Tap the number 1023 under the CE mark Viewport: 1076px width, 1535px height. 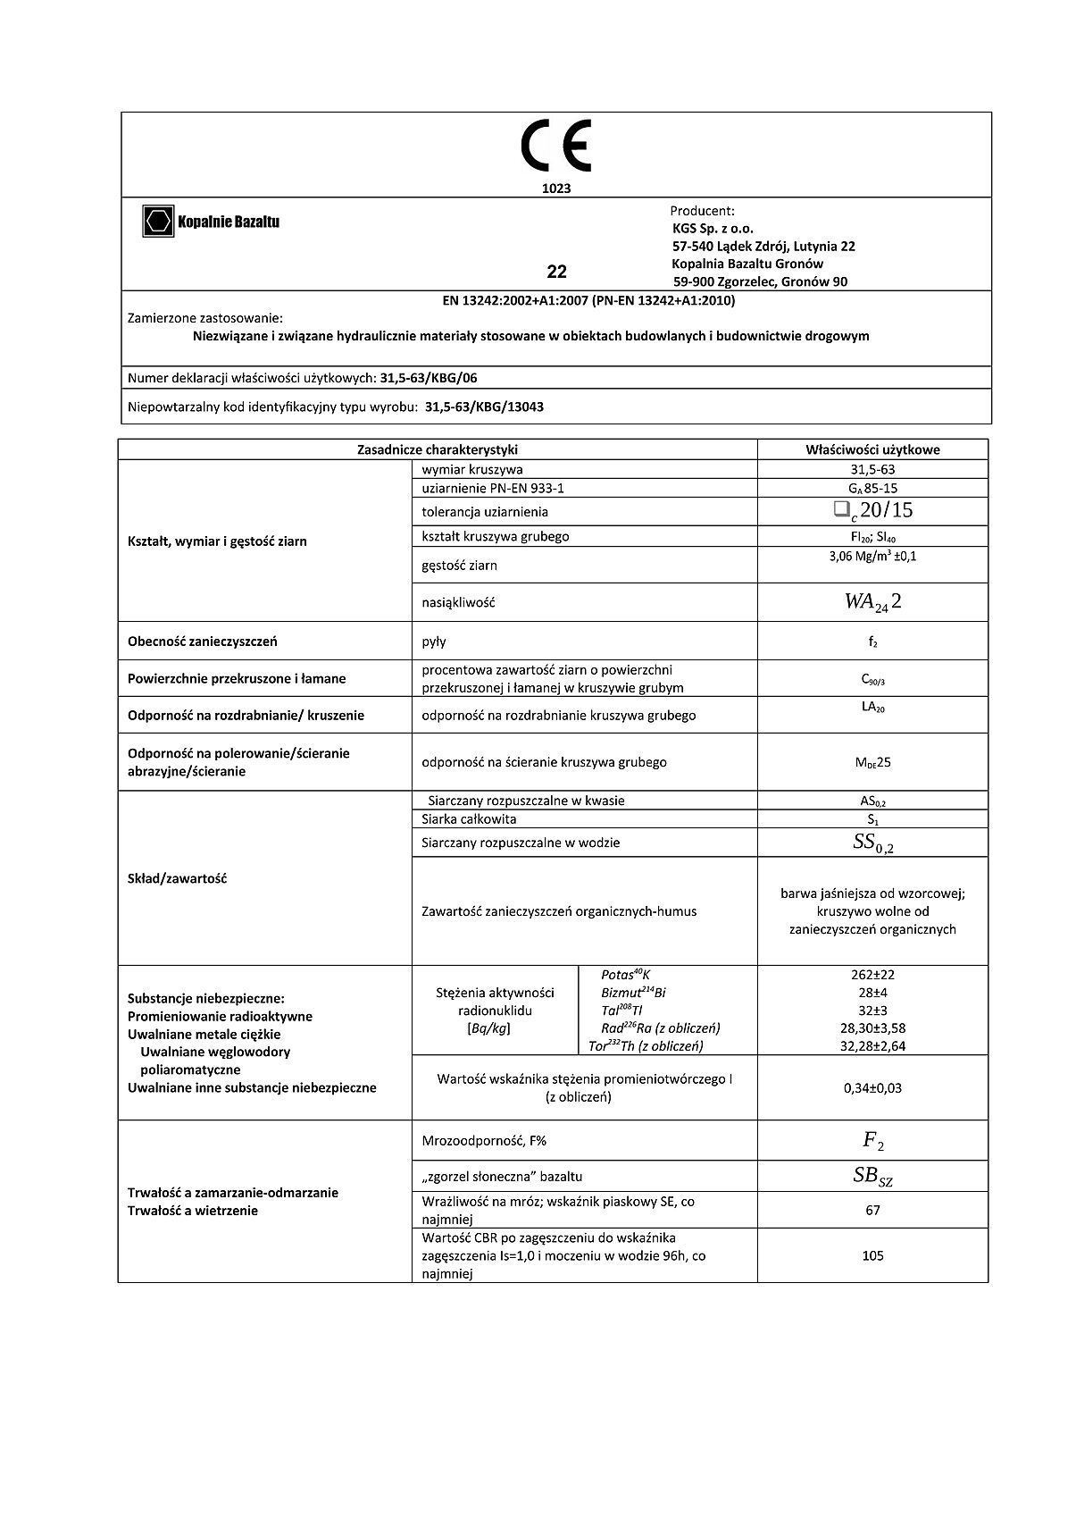(x=555, y=189)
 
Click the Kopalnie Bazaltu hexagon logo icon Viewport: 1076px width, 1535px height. (x=158, y=222)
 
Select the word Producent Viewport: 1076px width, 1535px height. (x=702, y=212)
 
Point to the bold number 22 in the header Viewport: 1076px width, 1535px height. (x=556, y=272)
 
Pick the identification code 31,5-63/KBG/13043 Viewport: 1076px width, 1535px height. (x=484, y=407)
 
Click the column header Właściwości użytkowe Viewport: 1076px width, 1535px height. (x=872, y=450)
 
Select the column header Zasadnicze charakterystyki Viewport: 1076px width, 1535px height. (x=437, y=450)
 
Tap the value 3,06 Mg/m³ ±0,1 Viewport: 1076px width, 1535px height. (x=872, y=556)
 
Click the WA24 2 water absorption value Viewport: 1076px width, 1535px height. (x=872, y=602)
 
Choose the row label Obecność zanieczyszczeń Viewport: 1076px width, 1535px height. (x=203, y=642)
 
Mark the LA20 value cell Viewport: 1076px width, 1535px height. (x=872, y=708)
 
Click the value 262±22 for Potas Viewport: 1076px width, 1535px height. (x=872, y=975)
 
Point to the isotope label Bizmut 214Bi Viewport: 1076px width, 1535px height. (x=634, y=993)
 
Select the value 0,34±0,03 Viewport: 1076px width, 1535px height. (x=872, y=1088)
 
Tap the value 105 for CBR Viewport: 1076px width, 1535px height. (x=872, y=1255)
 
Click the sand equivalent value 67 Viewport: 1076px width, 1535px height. (x=872, y=1210)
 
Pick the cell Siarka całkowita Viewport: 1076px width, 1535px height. (x=469, y=819)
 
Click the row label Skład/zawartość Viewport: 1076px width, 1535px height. (x=178, y=878)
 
